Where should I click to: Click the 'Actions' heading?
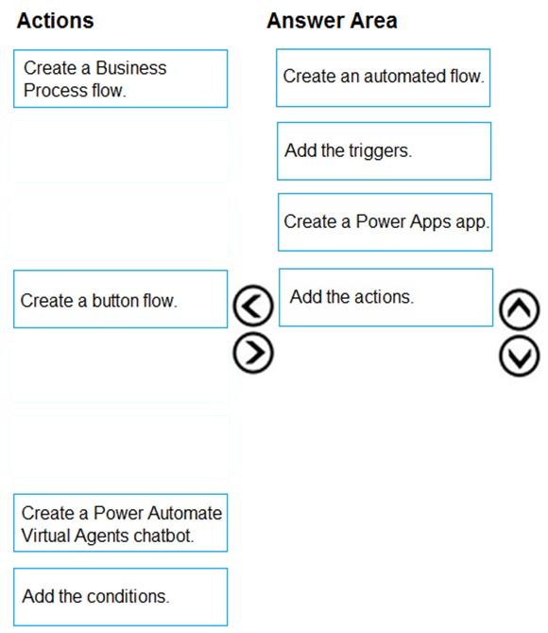55,21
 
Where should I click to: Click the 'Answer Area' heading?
332,21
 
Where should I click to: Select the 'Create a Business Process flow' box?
121,79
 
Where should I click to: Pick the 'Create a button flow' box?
121,299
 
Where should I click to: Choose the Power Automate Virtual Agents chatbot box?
121,523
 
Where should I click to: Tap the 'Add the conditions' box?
121,597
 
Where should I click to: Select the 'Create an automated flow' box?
383,78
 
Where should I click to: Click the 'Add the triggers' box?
385,151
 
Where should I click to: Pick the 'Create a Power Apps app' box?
385,222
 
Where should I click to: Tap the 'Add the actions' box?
385,297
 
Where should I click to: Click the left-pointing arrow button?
253,306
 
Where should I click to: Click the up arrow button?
520,309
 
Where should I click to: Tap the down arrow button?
520,357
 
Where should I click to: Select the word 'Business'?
131,68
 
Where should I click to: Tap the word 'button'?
113,301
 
